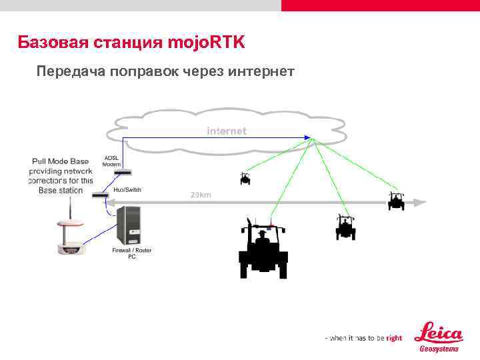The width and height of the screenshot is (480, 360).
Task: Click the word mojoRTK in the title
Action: (207, 43)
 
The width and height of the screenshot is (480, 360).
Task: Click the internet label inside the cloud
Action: (226, 131)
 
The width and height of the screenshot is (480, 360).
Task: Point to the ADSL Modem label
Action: (111, 161)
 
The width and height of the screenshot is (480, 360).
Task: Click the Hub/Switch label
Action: (127, 190)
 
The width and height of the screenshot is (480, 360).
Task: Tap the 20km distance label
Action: (201, 195)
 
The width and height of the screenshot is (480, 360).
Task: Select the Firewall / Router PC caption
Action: (132, 253)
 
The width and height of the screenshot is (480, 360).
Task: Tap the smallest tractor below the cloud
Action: (246, 178)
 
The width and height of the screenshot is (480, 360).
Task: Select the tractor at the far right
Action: (397, 201)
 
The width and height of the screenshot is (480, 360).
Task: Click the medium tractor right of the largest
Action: (345, 227)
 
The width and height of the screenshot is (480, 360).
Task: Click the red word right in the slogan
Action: (394, 338)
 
